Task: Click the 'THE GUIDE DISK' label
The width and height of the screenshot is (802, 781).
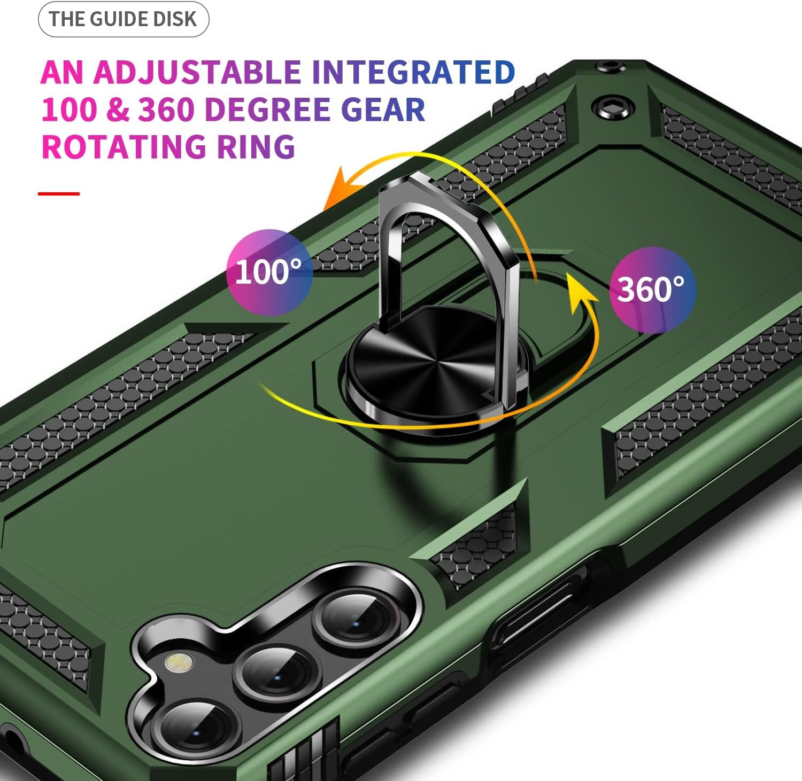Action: (123, 19)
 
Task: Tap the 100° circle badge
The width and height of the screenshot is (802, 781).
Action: (269, 272)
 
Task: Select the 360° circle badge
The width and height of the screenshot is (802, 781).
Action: (652, 290)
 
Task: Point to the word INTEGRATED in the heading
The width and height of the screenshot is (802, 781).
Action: (413, 73)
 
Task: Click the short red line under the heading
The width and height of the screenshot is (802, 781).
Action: (59, 193)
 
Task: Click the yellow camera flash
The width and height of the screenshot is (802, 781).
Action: (180, 663)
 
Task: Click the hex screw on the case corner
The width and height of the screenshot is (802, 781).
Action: (613, 107)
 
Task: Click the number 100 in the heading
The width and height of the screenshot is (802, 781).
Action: (69, 110)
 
